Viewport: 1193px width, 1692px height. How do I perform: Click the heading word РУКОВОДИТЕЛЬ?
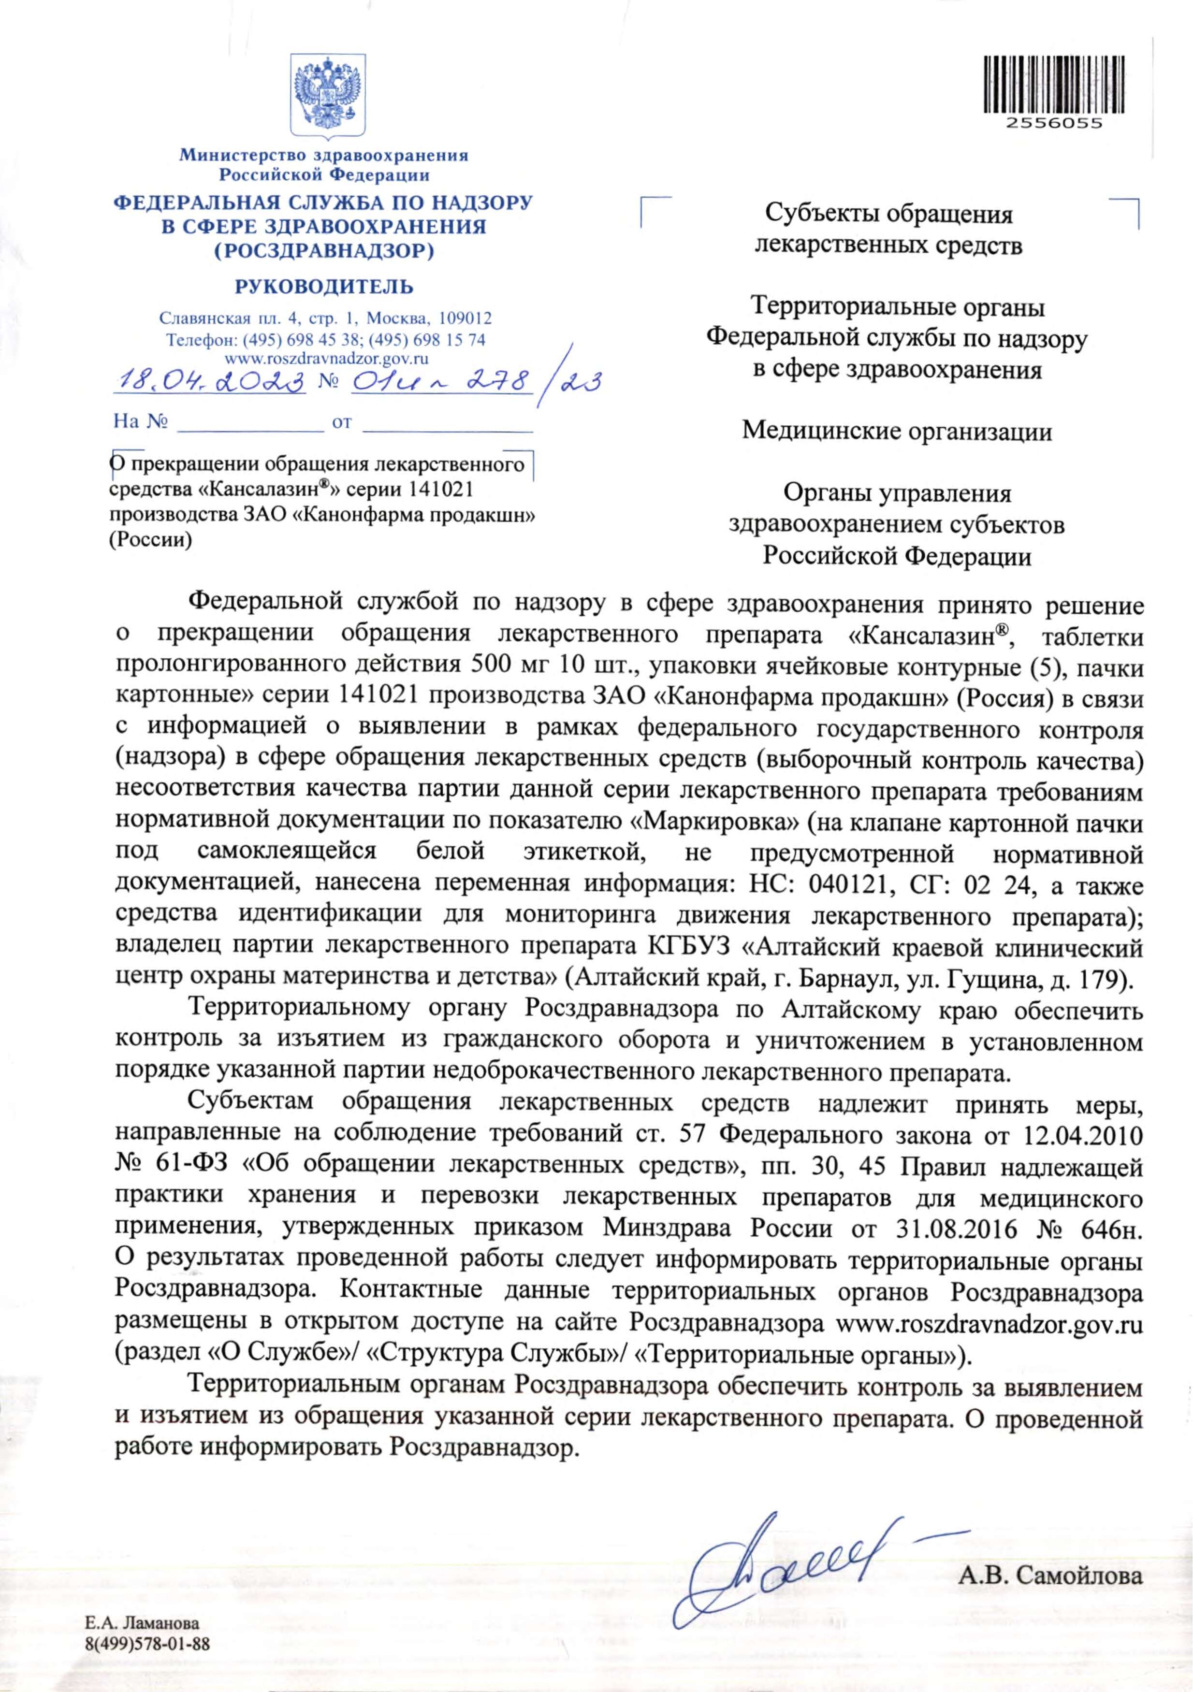(324, 287)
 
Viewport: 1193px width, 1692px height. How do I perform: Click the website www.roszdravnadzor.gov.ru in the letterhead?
(326, 359)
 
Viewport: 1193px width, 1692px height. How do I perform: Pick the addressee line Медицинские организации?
(897, 430)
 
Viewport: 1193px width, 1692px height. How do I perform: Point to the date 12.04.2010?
(1083, 1154)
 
